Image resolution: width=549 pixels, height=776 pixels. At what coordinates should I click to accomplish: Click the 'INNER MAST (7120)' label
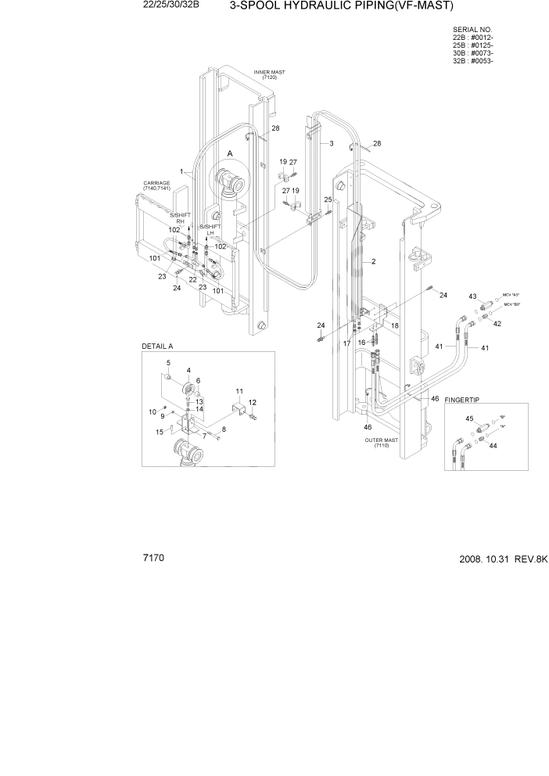pyautogui.click(x=269, y=74)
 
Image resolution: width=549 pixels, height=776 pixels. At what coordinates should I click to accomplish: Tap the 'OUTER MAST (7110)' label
pyautogui.click(x=382, y=443)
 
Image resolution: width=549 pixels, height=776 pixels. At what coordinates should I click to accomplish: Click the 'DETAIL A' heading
pyautogui.click(x=157, y=346)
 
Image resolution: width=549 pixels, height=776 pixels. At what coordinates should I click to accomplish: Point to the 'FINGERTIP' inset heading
pyautogui.click(x=461, y=400)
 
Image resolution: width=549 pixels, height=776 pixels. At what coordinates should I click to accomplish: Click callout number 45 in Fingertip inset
pyautogui.click(x=470, y=419)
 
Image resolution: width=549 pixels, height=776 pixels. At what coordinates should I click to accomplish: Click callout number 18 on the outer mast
pyautogui.click(x=396, y=325)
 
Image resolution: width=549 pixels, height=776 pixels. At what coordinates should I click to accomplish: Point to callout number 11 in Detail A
pyautogui.click(x=239, y=390)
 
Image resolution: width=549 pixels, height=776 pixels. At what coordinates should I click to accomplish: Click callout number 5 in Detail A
pyautogui.click(x=167, y=363)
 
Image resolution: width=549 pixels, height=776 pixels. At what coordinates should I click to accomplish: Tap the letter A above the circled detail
pyautogui.click(x=230, y=153)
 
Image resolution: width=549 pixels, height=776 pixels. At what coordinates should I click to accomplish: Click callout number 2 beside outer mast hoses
pyautogui.click(x=375, y=261)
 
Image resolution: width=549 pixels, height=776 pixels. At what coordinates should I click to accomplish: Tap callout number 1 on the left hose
pyautogui.click(x=181, y=171)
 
